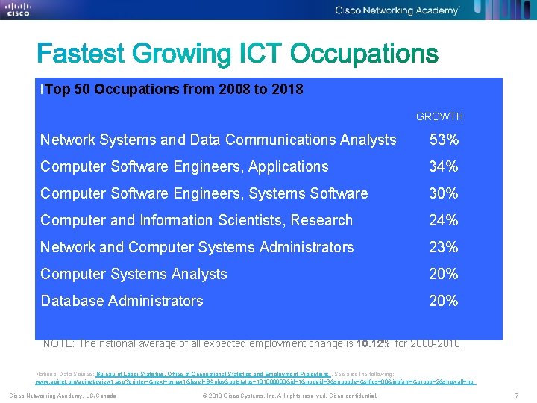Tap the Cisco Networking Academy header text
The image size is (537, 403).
pyautogui.click(x=397, y=10)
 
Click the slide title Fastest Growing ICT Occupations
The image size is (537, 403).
pyautogui.click(x=238, y=54)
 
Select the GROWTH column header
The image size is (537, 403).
pyautogui.click(x=439, y=116)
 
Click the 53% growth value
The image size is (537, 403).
pyautogui.click(x=444, y=140)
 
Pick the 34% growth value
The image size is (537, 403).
pyautogui.click(x=444, y=166)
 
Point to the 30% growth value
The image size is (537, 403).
pyautogui.click(x=444, y=193)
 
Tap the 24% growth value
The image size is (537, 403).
pyautogui.click(x=444, y=220)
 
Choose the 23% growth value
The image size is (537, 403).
pyautogui.click(x=444, y=247)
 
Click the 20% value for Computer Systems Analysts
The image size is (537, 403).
pyautogui.click(x=444, y=274)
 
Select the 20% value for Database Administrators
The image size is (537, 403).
pyautogui.click(x=444, y=301)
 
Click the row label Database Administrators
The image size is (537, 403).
pyautogui.click(x=122, y=301)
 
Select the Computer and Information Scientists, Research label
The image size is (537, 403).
pyautogui.click(x=196, y=220)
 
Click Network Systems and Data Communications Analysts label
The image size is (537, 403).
pyautogui.click(x=218, y=140)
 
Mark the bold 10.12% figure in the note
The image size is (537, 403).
pyautogui.click(x=373, y=344)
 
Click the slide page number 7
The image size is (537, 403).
pyautogui.click(x=516, y=395)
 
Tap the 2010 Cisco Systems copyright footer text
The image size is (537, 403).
pyautogui.click(x=289, y=395)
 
